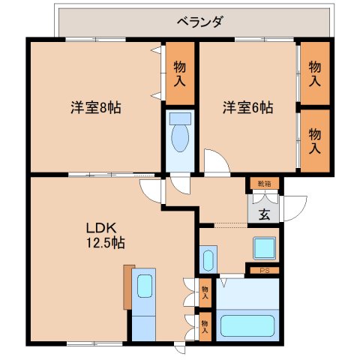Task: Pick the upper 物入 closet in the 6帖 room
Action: tap(315, 73)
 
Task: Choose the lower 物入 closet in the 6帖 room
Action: tap(315, 139)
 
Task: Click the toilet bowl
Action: tap(180, 137)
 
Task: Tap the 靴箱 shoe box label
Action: tap(264, 183)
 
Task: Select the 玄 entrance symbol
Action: tap(265, 212)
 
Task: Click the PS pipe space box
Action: tap(264, 270)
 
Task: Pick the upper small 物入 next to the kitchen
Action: tap(205, 288)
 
